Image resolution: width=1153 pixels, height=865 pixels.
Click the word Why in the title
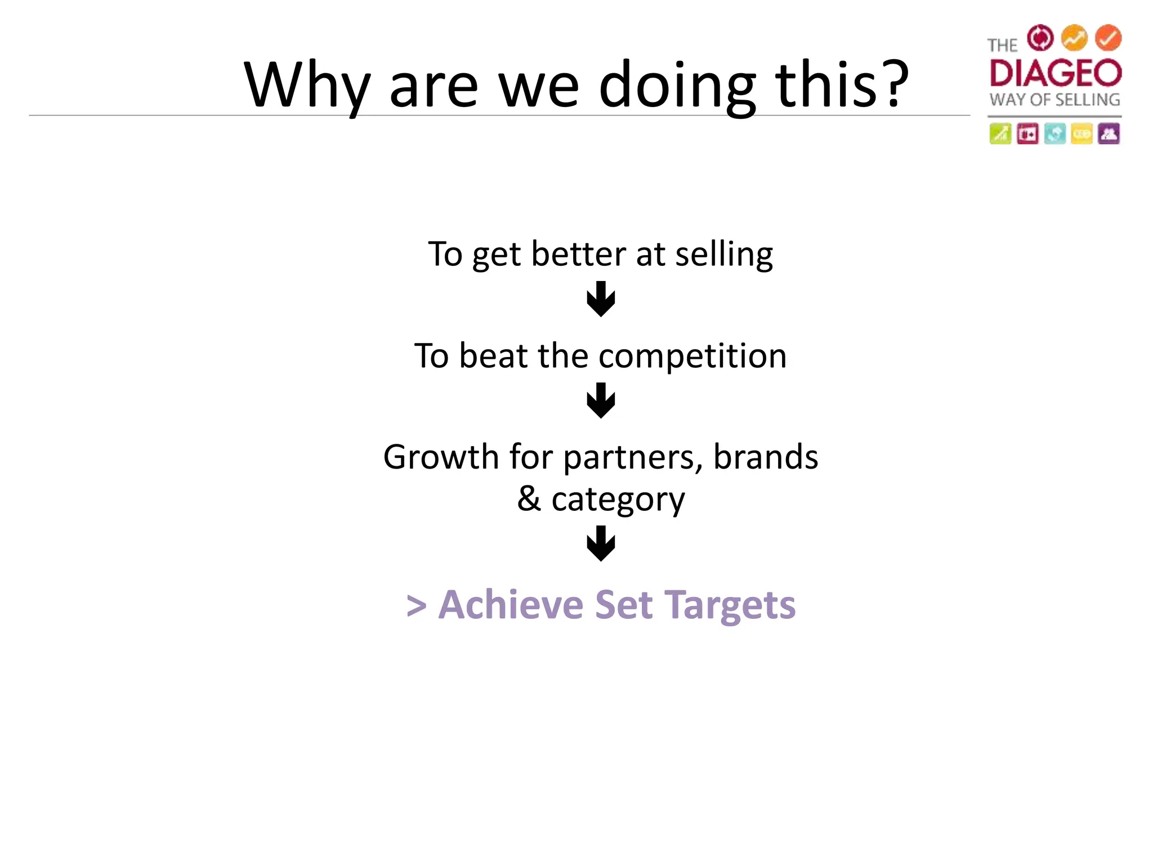tap(307, 86)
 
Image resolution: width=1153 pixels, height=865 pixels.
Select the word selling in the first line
tap(724, 254)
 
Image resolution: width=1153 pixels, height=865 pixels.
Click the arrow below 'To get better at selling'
tap(601, 299)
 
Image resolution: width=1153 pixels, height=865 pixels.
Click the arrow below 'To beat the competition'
tap(601, 400)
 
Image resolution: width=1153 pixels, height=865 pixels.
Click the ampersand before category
tap(529, 498)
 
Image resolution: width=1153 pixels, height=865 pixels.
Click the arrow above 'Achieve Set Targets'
tap(601, 543)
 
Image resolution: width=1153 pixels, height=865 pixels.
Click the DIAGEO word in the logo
tap(1055, 73)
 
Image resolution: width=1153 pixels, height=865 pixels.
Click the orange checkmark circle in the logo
tap(1108, 38)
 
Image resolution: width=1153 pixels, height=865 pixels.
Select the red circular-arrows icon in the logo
tap(1040, 38)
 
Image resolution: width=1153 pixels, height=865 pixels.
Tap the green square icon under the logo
tap(1000, 134)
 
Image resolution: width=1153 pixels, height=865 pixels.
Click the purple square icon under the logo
tap(1109, 134)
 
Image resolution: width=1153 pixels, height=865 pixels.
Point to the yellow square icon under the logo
tap(1082, 134)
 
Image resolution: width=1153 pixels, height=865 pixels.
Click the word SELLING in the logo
tap(1087, 100)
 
